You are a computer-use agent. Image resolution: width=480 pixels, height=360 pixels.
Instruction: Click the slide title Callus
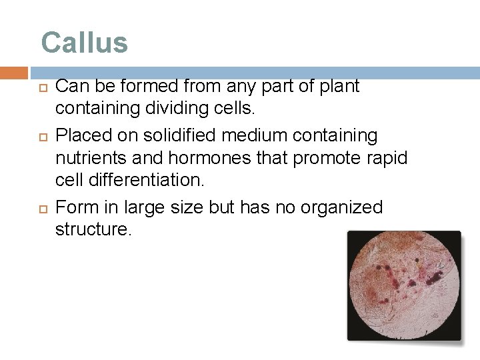(x=84, y=43)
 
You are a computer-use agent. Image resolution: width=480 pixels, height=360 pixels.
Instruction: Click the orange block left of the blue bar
(x=14, y=73)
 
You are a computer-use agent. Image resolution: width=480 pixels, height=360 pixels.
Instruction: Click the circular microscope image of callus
(x=404, y=285)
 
